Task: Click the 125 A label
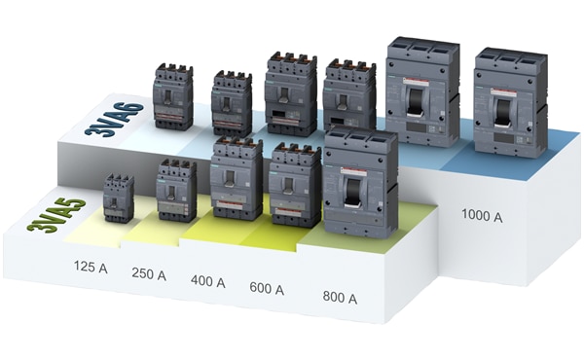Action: tap(91, 266)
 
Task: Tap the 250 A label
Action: tap(148, 275)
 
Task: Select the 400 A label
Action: tap(207, 282)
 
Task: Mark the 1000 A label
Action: tap(482, 216)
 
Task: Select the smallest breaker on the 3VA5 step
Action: tap(119, 198)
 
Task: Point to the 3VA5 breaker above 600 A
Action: tap(295, 185)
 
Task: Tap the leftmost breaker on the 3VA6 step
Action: tap(173, 97)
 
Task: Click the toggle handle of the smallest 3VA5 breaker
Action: tap(119, 202)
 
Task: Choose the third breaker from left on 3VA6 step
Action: tap(290, 93)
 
